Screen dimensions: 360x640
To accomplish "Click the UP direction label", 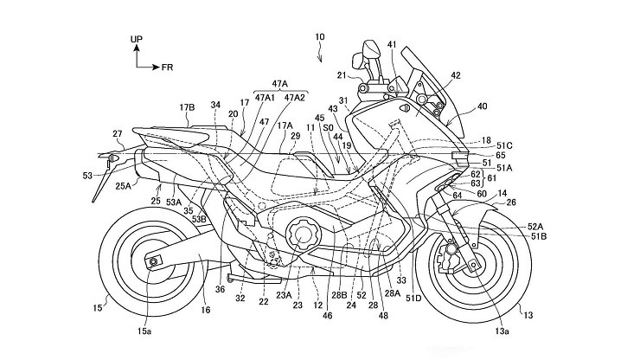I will click(x=136, y=39).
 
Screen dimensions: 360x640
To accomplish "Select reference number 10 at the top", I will click(x=319, y=38).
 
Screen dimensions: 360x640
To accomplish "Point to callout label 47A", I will click(x=279, y=85).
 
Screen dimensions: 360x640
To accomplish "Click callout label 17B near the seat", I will click(x=187, y=107).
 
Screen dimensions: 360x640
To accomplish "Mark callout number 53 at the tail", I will click(x=88, y=176).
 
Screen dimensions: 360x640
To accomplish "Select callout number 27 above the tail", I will click(x=118, y=134).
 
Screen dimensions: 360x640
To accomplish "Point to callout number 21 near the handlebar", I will click(x=342, y=75).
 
